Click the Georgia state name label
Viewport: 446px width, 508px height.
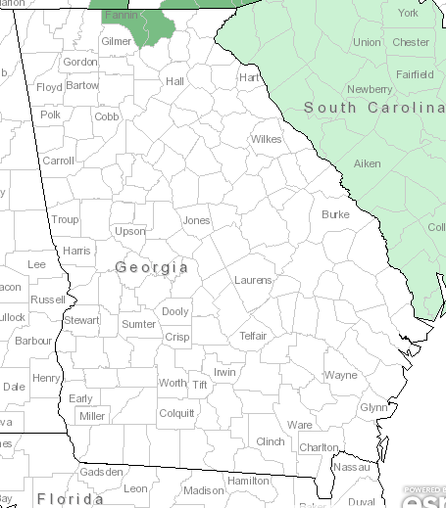pos(152,267)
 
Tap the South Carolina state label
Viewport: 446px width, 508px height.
pos(373,107)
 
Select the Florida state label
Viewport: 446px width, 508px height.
pos(71,499)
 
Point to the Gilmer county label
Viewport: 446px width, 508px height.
pos(116,42)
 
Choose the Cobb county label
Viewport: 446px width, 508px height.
pos(107,116)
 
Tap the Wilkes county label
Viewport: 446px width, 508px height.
pos(266,139)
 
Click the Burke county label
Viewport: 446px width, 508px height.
pos(335,214)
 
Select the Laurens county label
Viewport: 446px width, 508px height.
pos(253,281)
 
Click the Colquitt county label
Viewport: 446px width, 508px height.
pos(176,412)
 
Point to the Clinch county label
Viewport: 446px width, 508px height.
pos(270,441)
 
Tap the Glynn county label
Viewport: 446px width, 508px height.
pos(374,407)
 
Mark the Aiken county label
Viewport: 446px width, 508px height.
pos(367,163)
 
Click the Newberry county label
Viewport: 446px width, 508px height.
pos(370,89)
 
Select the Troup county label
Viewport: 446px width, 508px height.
pos(65,220)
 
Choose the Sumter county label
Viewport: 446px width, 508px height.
pos(138,324)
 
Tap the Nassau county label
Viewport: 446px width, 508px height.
pos(350,468)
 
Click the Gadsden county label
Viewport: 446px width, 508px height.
pos(102,472)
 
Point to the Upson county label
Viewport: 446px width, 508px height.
pos(130,232)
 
